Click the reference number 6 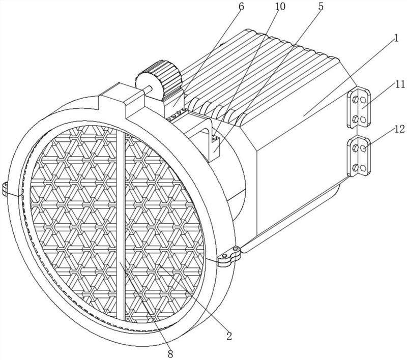pyautogui.click(x=241, y=7)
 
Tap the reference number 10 pyautogui.click(x=280, y=7)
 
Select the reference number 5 pyautogui.click(x=321, y=7)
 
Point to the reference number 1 pyautogui.click(x=396, y=39)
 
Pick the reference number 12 pyautogui.click(x=399, y=129)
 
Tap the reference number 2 pyautogui.click(x=229, y=336)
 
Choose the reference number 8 pyautogui.click(x=170, y=354)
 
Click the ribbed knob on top pyautogui.click(x=158, y=79)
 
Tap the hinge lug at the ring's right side pyautogui.click(x=229, y=256)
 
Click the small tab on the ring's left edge pyautogui.click(x=6, y=189)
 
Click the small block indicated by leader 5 pyautogui.click(x=215, y=148)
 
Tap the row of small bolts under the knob pyautogui.click(x=177, y=114)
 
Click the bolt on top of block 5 pyautogui.click(x=214, y=137)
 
